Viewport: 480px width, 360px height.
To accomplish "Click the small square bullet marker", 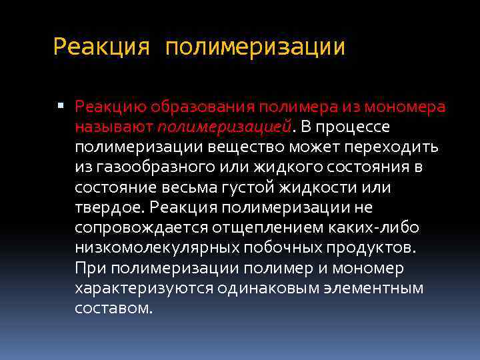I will coord(61,106).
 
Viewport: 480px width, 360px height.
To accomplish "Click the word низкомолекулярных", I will coord(153,249).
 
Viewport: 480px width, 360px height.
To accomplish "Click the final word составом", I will coord(114,309).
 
